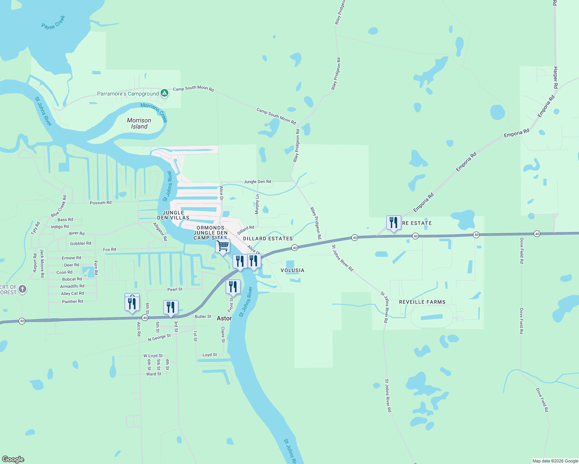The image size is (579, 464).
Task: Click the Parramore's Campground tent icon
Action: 164,93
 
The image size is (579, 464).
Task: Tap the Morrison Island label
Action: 139,123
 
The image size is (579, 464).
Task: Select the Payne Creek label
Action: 53,22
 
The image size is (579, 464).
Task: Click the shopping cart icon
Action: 223,246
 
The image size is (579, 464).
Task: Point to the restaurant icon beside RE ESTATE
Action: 393,223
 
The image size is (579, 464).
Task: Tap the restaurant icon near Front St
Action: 233,287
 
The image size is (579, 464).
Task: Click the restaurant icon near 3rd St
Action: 171,307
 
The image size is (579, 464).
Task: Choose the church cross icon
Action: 22,289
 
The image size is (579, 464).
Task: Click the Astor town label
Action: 224,318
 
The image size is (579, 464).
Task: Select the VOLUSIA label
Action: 292,270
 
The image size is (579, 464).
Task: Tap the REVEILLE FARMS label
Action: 422,302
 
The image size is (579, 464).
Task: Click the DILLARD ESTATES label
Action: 268,239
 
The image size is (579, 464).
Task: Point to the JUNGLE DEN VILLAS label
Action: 173,215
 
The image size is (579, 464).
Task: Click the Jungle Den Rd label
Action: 257,181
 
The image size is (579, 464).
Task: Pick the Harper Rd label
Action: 555,77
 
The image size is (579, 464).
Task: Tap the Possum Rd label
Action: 101,203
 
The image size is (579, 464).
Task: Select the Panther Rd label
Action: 72,302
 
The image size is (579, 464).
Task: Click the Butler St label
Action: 203,316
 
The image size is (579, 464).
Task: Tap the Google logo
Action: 13,459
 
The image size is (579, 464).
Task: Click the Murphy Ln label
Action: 257,204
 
